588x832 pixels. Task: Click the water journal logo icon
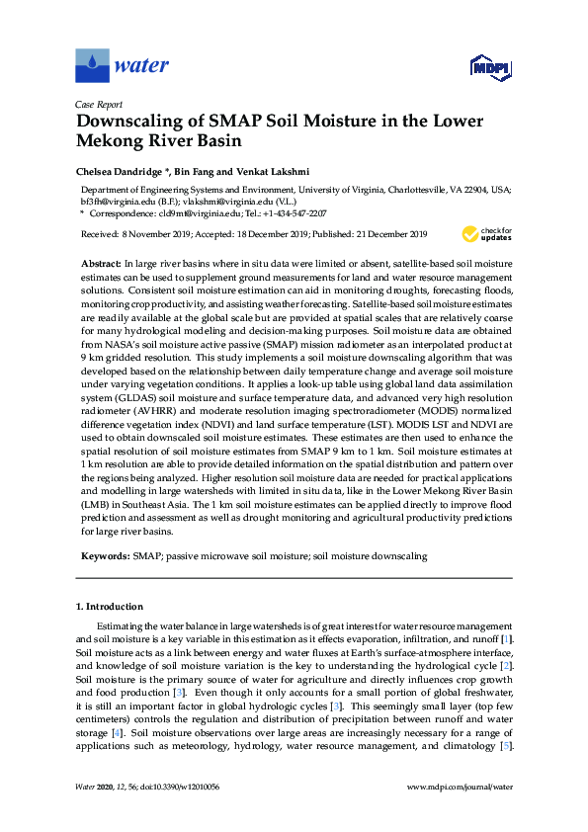[92, 66]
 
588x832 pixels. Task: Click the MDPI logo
[487, 67]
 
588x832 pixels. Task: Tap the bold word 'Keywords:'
[103, 556]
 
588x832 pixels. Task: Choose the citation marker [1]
[506, 640]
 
